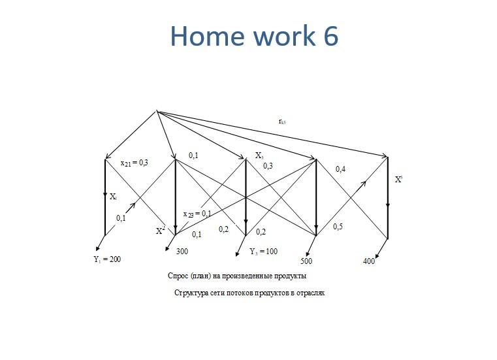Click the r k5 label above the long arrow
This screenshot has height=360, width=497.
tap(281, 121)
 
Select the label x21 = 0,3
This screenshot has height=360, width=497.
tap(135, 163)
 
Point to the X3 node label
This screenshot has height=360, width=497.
tap(259, 156)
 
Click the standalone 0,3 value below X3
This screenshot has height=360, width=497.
tap(268, 166)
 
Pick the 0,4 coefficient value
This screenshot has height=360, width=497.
tap(340, 169)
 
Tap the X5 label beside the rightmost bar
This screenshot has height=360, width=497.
tap(398, 178)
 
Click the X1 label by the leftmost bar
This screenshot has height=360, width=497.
tap(114, 196)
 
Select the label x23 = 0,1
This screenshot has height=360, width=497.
tap(197, 214)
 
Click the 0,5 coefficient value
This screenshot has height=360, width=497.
tap(338, 227)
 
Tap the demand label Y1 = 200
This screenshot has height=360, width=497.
tap(108, 259)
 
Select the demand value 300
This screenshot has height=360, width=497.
tap(182, 251)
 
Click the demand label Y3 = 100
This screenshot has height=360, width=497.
tap(263, 251)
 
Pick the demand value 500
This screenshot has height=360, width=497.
tap(307, 261)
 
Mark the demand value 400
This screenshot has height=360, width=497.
tap(368, 261)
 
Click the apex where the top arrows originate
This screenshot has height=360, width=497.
tap(157, 111)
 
